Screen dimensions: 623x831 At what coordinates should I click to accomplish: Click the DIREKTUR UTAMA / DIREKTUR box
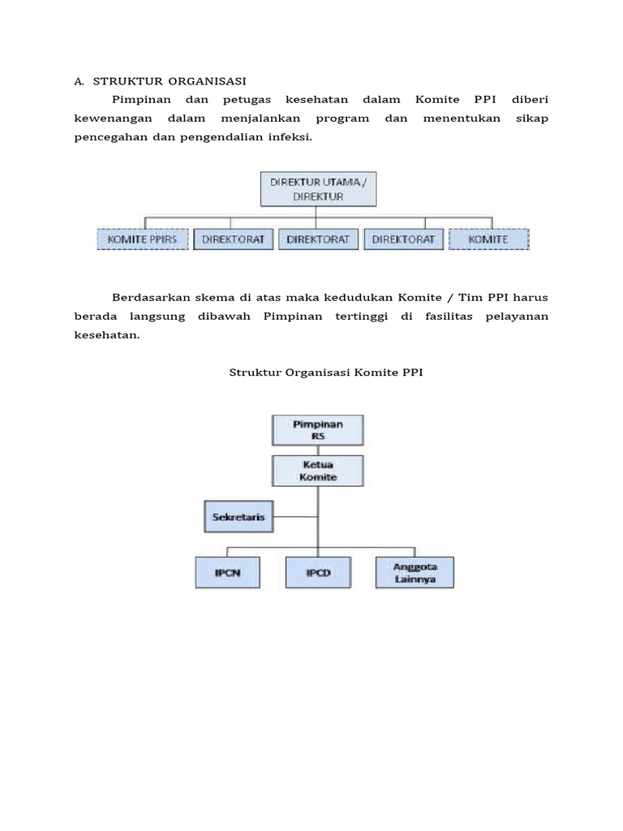click(318, 189)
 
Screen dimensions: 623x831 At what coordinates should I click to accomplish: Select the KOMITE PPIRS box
click(142, 239)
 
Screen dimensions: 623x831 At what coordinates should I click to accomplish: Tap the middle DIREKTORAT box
click(318, 239)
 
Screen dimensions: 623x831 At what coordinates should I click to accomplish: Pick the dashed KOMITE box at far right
click(488, 239)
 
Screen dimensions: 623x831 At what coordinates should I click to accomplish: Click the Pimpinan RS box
click(318, 429)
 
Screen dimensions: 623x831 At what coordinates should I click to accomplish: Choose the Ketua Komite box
click(318, 471)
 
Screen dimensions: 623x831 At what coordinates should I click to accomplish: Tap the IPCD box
click(318, 573)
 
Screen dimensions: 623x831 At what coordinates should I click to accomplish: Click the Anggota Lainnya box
click(415, 573)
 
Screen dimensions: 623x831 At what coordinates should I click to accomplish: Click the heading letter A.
click(79, 81)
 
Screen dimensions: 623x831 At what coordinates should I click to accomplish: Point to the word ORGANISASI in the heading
click(208, 81)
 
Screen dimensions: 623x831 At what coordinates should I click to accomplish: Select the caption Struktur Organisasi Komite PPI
click(327, 372)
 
